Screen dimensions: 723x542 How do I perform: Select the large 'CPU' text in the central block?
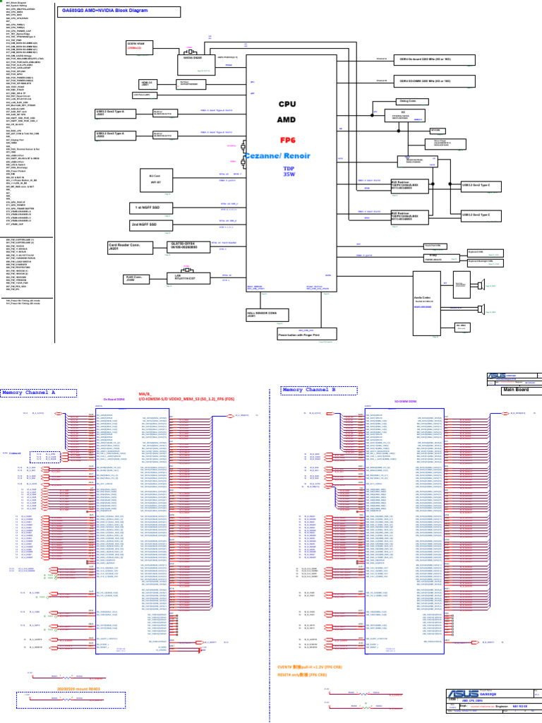click(x=287, y=104)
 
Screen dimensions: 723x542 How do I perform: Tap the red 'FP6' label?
click(x=287, y=139)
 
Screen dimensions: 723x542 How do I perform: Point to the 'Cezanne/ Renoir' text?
click(x=287, y=155)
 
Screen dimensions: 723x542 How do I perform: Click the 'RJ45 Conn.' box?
click(x=135, y=277)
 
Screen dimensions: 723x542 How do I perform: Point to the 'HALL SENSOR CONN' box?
click(x=260, y=313)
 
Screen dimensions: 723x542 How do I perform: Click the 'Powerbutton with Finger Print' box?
click(x=308, y=334)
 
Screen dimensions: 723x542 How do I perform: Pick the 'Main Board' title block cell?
click(x=516, y=389)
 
